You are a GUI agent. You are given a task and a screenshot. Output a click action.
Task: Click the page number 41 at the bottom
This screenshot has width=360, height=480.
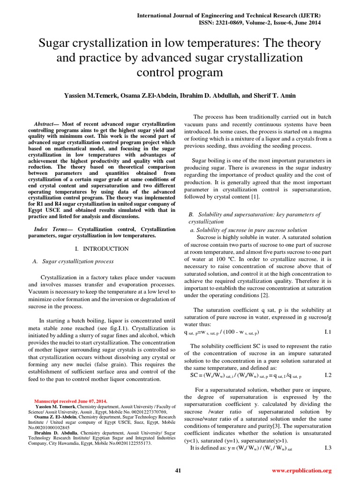coord(178,470)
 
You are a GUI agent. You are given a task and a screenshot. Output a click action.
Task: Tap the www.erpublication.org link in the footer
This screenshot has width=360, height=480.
coord(301,470)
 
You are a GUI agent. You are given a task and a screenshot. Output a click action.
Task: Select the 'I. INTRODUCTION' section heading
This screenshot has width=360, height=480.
coord(102,248)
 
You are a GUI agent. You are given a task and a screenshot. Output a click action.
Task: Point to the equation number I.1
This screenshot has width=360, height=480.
coord(328,332)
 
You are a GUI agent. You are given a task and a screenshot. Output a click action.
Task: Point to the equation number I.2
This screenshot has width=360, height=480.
coord(328,375)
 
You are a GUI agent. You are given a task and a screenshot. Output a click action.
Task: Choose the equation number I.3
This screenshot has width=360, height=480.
coord(328,448)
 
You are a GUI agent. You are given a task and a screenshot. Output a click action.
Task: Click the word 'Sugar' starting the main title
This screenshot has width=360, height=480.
coord(55,44)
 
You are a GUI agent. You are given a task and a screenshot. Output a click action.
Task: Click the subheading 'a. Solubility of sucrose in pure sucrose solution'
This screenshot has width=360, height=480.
coord(248,230)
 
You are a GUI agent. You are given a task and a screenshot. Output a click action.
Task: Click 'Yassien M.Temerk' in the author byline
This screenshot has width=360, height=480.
coord(91,95)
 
